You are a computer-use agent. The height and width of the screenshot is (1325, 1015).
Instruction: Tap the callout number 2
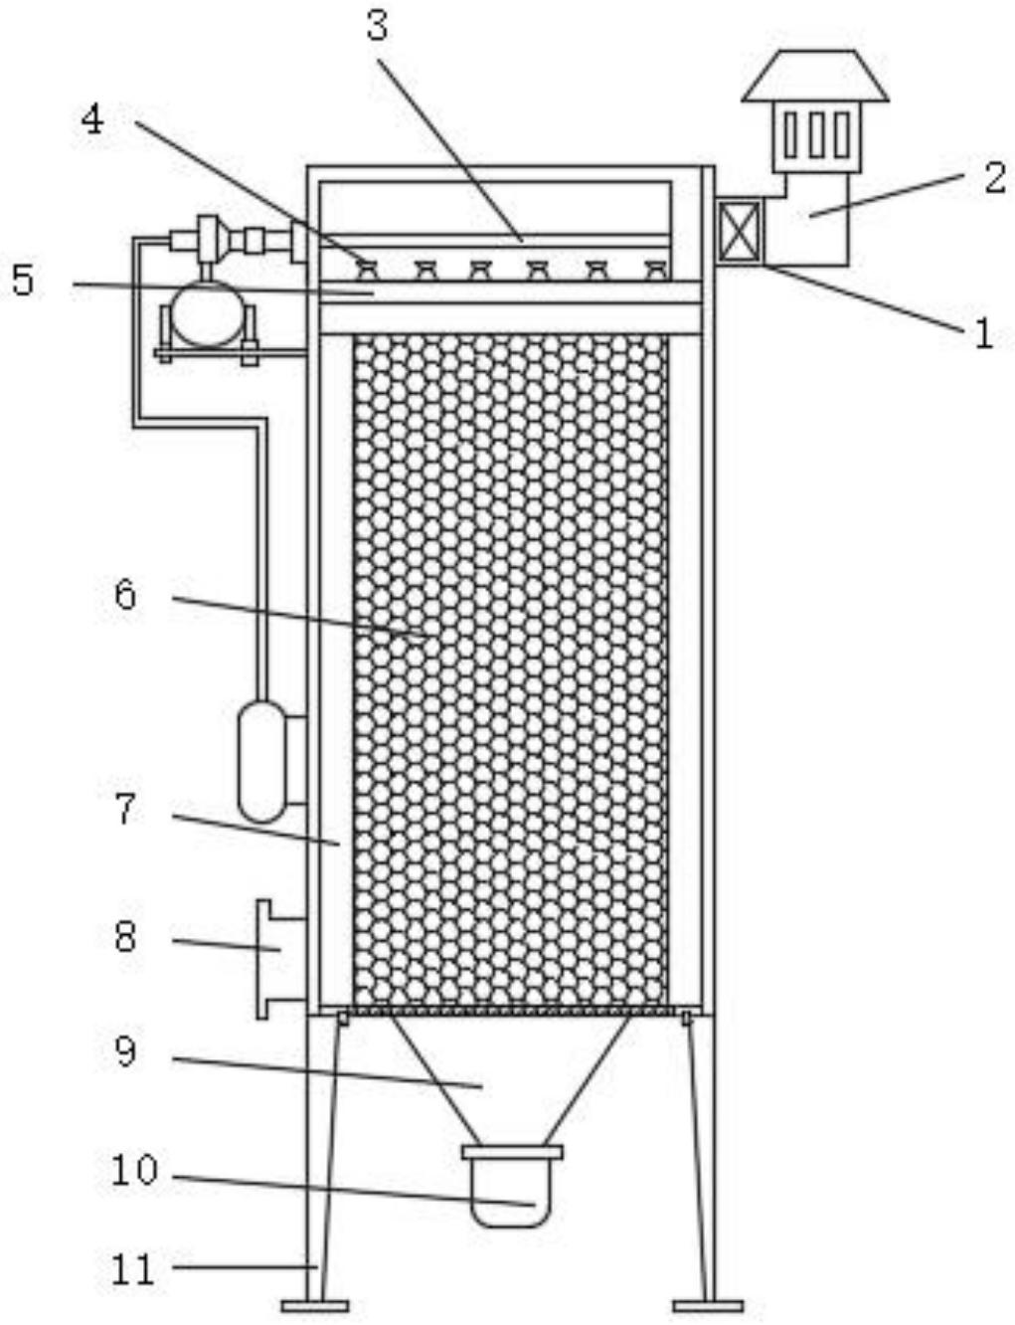(995, 177)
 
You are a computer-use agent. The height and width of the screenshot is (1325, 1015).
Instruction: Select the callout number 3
(377, 26)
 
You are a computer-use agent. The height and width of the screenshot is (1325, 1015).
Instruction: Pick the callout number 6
(125, 595)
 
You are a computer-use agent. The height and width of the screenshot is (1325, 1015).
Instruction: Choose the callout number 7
(125, 810)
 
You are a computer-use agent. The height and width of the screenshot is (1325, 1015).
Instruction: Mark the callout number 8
(125, 936)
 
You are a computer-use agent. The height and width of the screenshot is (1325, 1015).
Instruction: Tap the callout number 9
(125, 1050)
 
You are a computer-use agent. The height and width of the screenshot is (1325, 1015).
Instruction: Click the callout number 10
(134, 1170)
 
